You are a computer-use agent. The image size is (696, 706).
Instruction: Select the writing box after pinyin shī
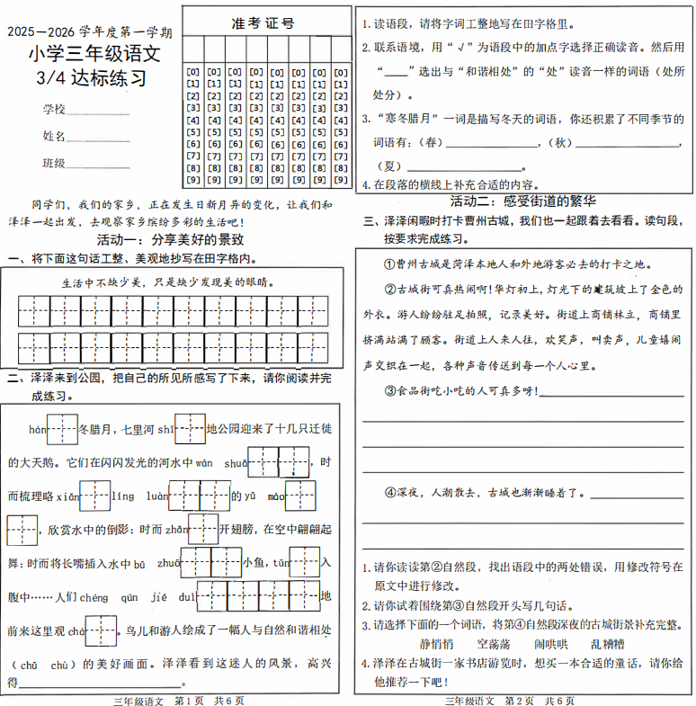pos(190,429)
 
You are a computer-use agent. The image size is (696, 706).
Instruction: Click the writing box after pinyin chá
pos(101,630)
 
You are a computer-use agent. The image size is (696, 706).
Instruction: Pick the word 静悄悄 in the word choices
pos(436,645)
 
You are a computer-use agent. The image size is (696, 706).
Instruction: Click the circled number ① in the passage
pos(377,264)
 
